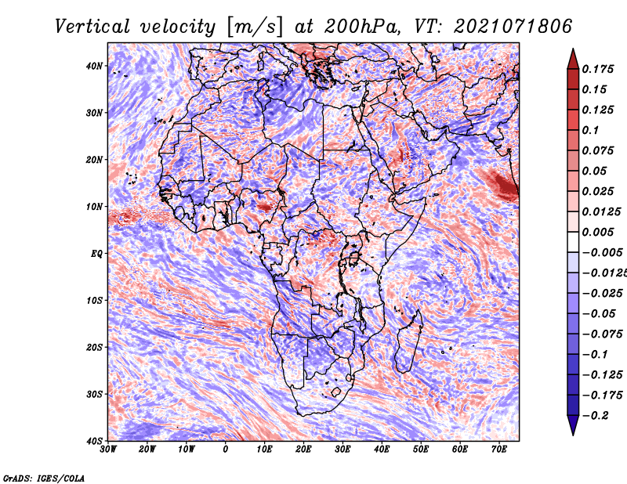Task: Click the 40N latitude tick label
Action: (x=94, y=66)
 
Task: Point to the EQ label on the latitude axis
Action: (x=96, y=254)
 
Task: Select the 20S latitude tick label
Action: (x=94, y=347)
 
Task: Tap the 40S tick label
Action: (x=94, y=441)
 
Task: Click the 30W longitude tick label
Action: (x=108, y=450)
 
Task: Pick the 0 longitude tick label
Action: (x=226, y=450)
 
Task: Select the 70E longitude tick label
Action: (x=499, y=450)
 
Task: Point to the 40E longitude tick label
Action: (x=382, y=450)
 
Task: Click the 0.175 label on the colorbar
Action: (x=597, y=69)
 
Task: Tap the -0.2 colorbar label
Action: (x=595, y=415)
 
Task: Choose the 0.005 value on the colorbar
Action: (x=597, y=232)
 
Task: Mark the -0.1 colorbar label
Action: (x=595, y=354)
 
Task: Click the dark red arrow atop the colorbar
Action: (x=573, y=60)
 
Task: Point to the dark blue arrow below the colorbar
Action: (x=573, y=425)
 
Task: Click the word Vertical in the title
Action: (x=92, y=27)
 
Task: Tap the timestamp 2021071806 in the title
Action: (x=513, y=27)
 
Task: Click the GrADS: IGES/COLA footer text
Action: (x=44, y=478)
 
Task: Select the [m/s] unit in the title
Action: (x=255, y=27)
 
